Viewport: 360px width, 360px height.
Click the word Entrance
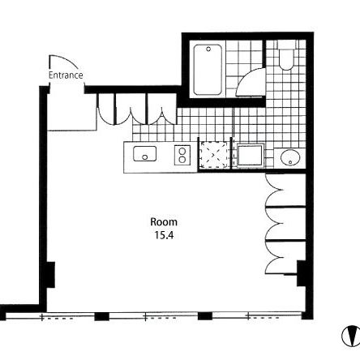[x=66, y=75]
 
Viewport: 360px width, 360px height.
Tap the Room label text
[x=164, y=222]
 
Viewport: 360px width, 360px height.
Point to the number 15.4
[x=164, y=235]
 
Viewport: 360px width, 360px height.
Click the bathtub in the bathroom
[x=208, y=70]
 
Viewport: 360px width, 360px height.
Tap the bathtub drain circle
[x=208, y=49]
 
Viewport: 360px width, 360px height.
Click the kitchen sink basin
[x=144, y=153]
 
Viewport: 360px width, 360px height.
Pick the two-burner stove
[x=182, y=155]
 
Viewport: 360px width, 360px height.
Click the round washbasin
[x=290, y=157]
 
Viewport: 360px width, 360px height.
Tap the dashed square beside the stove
[x=213, y=155]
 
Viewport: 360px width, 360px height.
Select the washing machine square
[x=250, y=156]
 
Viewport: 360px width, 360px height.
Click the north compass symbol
[x=350, y=336]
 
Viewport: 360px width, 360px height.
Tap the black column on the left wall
[x=50, y=275]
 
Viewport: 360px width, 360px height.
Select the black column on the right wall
[x=301, y=273]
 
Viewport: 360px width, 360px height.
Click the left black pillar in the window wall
[x=101, y=316]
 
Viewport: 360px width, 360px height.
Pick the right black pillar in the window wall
[x=205, y=316]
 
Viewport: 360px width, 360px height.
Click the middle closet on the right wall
[x=285, y=224]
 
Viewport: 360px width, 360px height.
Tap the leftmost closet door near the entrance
[x=105, y=109]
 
